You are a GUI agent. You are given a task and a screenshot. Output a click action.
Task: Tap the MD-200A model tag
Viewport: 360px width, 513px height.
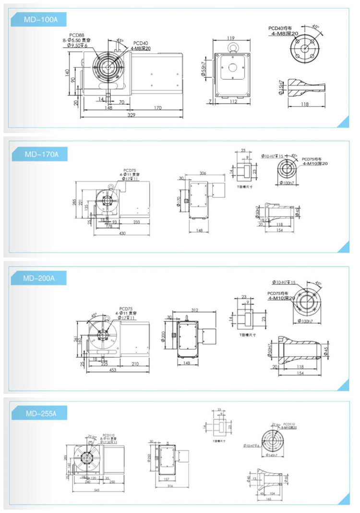[41, 278]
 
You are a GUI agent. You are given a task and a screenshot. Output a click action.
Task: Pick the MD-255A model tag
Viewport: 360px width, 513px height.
[41, 413]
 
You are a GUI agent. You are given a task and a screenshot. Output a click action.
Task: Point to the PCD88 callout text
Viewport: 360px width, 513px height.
[76, 35]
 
